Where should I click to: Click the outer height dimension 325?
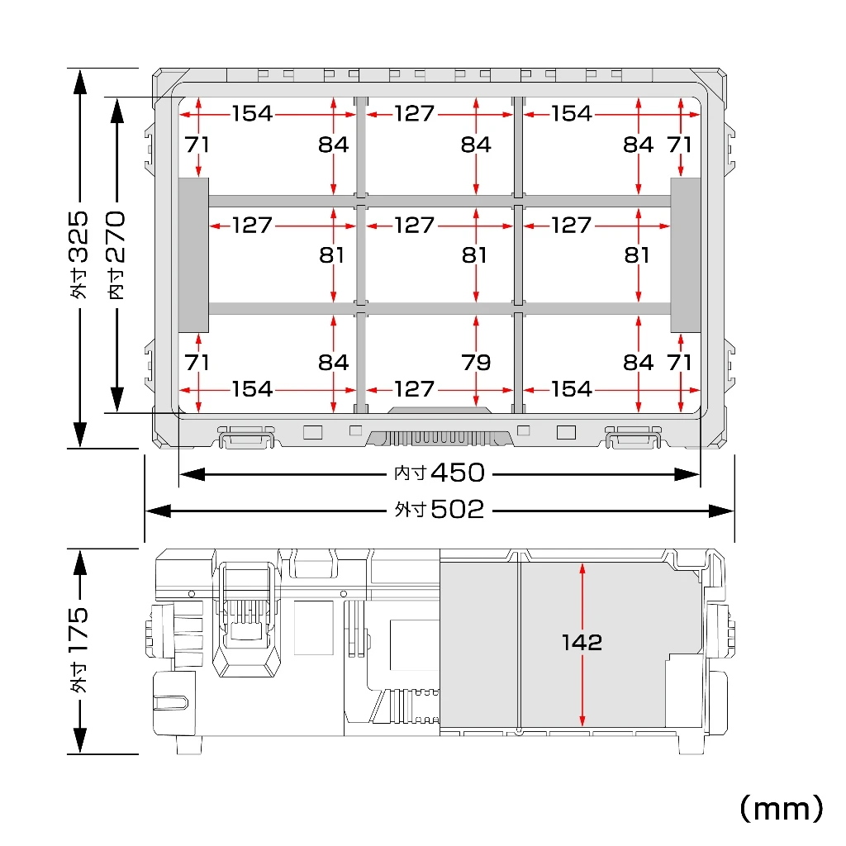pyautogui.click(x=78, y=237)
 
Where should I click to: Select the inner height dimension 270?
pyautogui.click(x=116, y=237)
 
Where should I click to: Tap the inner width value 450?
pyautogui.click(x=458, y=473)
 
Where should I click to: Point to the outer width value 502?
pyautogui.click(x=458, y=509)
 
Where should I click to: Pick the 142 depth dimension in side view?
pyautogui.click(x=582, y=642)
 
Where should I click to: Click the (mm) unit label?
pyautogui.click(x=781, y=809)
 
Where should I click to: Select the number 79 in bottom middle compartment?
pyautogui.click(x=476, y=362)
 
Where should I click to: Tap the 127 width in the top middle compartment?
pyautogui.click(x=414, y=113)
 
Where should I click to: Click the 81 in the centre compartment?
pyautogui.click(x=474, y=254)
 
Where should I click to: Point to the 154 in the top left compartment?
pyautogui.click(x=252, y=113)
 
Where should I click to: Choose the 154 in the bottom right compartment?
pyautogui.click(x=572, y=388)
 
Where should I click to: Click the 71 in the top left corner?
pyautogui.click(x=197, y=145)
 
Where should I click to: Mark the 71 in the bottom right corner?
pyautogui.click(x=679, y=362)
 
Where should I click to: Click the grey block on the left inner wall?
pyautogui.click(x=193, y=254)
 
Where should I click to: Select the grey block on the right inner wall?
pyautogui.click(x=685, y=254)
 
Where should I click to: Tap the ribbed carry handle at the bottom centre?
pyautogui.click(x=440, y=437)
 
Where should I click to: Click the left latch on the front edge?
pyautogui.click(x=246, y=437)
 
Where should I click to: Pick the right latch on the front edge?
pyautogui.click(x=634, y=437)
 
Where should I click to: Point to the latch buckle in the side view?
pyautogui.click(x=246, y=618)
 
